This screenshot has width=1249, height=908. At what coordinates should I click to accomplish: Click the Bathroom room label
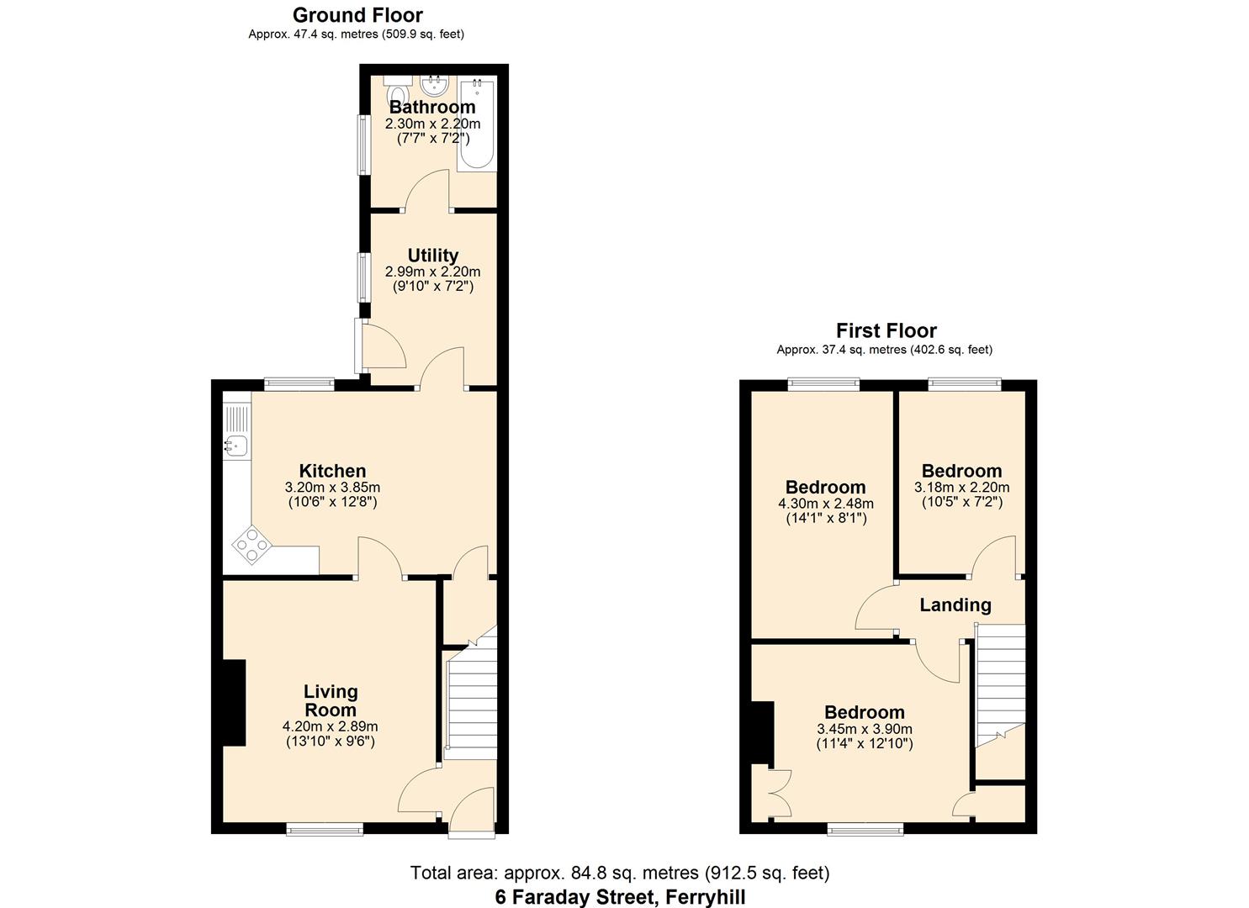pos(432,107)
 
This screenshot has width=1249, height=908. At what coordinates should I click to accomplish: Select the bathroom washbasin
pos(435,86)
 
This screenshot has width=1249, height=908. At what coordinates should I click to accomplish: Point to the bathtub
pos(477,124)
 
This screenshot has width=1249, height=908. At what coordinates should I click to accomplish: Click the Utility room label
pos(432,256)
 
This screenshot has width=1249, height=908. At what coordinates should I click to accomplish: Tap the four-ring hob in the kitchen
pos(252,545)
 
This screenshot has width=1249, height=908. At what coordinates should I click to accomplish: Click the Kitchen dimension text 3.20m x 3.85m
pos(332,487)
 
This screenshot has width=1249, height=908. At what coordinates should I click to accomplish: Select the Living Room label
pos(331,700)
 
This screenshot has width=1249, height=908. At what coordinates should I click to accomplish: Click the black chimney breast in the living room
pos(234,703)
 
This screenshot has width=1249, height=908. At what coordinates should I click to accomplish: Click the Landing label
pos(955,604)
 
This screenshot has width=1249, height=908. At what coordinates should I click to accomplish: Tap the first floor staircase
pos(1000,685)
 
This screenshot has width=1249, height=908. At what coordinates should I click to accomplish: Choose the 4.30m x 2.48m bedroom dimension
pos(826,504)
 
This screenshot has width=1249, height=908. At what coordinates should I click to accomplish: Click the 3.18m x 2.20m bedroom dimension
pos(962,487)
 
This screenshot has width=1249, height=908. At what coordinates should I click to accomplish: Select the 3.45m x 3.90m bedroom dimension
pos(865,729)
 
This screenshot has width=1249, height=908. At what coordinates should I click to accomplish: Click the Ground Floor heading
pos(357,15)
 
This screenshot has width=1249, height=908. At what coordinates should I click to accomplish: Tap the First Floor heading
pos(886,331)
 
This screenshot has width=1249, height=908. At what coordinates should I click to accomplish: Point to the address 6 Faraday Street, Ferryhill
pos(620,897)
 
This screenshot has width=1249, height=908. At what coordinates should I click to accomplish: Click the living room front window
pos(325,831)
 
